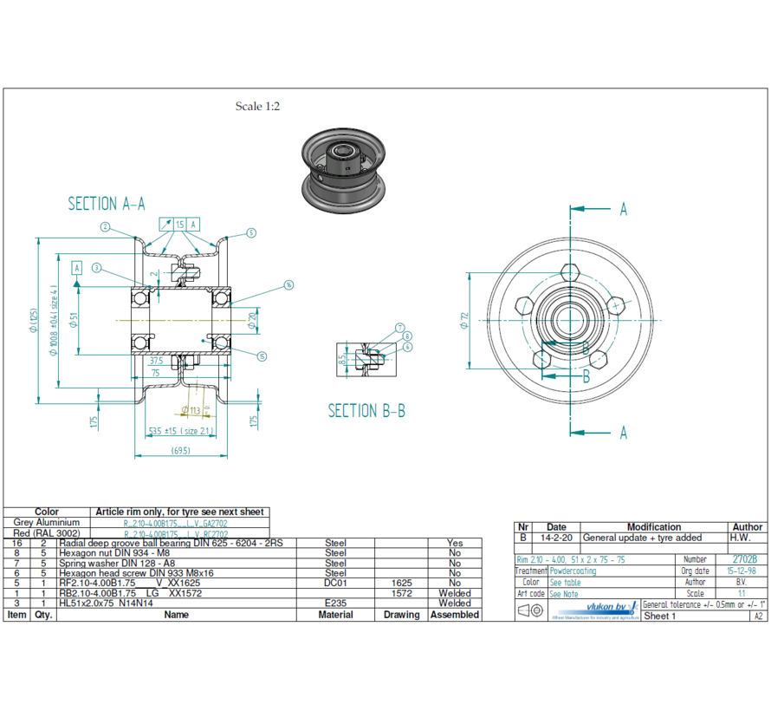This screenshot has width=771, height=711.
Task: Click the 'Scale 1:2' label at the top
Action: tap(257, 107)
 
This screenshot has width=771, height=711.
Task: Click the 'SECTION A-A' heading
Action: tap(107, 204)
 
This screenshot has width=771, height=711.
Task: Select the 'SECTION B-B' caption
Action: tap(366, 411)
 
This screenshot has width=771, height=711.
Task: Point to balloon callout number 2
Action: tap(105, 227)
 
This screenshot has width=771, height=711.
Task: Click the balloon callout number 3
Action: tap(97, 267)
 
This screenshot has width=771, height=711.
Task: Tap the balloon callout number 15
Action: tap(262, 355)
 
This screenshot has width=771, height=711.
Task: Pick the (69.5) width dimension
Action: tap(181, 450)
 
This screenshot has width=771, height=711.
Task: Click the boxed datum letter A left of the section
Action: tap(77, 267)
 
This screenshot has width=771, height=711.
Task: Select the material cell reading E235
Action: tap(335, 603)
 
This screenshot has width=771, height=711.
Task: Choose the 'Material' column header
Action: tap(335, 615)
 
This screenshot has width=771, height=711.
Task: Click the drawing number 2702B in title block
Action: tap(744, 560)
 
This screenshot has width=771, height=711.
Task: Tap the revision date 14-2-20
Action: tap(556, 538)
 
